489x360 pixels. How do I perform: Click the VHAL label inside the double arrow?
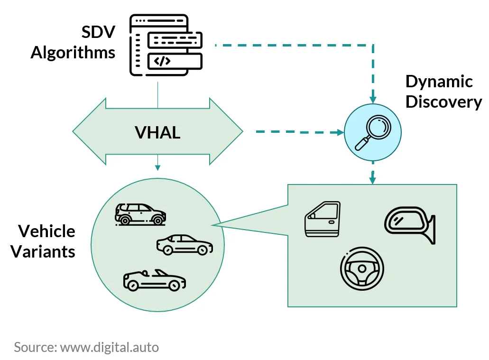(x=157, y=132)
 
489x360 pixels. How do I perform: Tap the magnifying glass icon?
(x=373, y=133)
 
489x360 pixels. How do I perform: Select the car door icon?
(x=323, y=219)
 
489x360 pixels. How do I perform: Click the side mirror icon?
(x=410, y=225)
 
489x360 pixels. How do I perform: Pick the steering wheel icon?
(x=362, y=268)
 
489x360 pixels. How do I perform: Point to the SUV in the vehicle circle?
(x=140, y=214)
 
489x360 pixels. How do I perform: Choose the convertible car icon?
(x=154, y=280)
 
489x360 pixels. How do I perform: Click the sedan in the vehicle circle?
(x=185, y=245)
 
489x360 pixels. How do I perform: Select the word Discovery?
(x=444, y=102)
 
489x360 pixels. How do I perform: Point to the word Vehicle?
(x=46, y=231)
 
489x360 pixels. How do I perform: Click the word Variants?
(x=43, y=251)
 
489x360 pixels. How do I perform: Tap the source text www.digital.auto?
(x=110, y=347)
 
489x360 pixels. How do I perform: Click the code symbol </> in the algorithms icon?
(x=162, y=61)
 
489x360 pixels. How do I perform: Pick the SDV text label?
(x=99, y=32)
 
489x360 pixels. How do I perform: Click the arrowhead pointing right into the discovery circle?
(x=341, y=132)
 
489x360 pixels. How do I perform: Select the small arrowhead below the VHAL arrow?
(x=157, y=168)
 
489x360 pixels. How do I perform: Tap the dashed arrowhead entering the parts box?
(x=372, y=181)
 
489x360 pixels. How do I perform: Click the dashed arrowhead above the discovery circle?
(x=373, y=100)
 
